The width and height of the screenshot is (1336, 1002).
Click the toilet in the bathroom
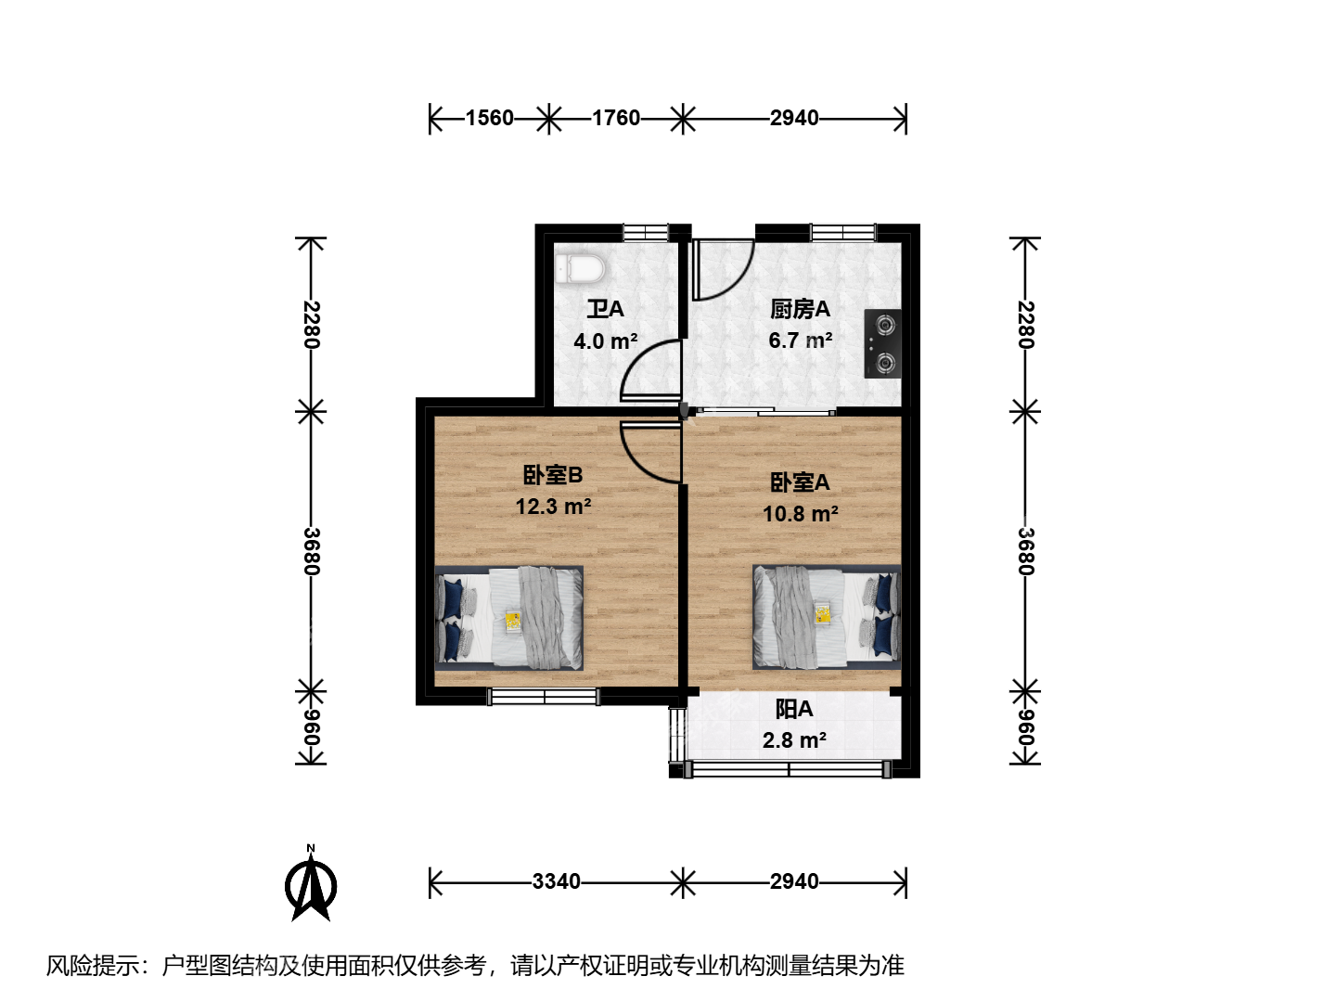pyautogui.click(x=580, y=269)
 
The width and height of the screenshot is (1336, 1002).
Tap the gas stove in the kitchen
pyautogui.click(x=882, y=343)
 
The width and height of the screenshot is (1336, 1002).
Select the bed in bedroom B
pyautogui.click(x=508, y=618)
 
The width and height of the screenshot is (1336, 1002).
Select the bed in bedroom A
pyautogui.click(x=827, y=617)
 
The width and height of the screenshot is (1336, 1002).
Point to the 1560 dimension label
pyautogui.click(x=489, y=118)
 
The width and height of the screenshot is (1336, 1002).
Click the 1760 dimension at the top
pyautogui.click(x=616, y=118)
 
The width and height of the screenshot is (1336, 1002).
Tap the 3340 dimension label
pyautogui.click(x=557, y=881)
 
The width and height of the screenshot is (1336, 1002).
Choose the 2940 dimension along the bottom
pyautogui.click(x=794, y=881)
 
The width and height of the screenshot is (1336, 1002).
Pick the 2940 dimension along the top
pyautogui.click(x=794, y=118)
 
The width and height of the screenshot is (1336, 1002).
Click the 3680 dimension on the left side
pyautogui.click(x=311, y=551)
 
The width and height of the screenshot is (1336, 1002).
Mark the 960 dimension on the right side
pyautogui.click(x=1025, y=727)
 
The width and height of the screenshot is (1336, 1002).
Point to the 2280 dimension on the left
pyautogui.click(x=311, y=325)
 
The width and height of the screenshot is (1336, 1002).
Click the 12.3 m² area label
pyautogui.click(x=553, y=507)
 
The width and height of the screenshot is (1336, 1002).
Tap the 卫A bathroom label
pyautogui.click(x=605, y=309)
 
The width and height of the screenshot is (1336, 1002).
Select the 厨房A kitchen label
pyautogui.click(x=800, y=309)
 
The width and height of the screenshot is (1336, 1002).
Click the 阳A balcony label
pyautogui.click(x=794, y=709)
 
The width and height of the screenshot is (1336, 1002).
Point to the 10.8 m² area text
pyautogui.click(x=801, y=514)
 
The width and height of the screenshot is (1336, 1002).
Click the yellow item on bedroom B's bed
pyautogui.click(x=513, y=622)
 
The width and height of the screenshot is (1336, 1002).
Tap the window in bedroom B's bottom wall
pyautogui.click(x=544, y=697)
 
